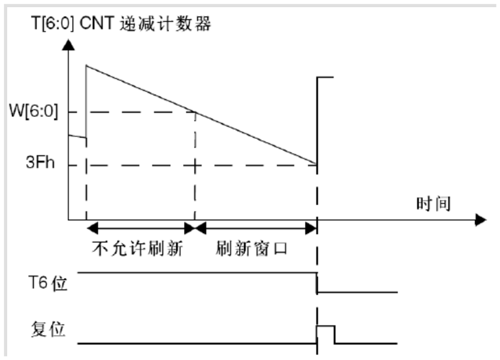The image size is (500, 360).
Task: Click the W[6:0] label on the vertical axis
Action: click(x=34, y=111)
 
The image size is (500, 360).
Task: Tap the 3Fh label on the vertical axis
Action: click(x=40, y=163)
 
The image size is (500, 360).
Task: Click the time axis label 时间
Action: click(x=434, y=204)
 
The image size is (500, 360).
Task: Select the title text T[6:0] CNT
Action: click(x=73, y=23)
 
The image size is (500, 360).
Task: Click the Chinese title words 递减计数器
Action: click(x=166, y=24)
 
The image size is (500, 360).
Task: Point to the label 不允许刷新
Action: click(x=138, y=248)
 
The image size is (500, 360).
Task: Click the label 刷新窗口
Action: click(x=251, y=248)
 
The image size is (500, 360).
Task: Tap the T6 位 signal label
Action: click(x=48, y=283)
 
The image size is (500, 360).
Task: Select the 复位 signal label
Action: click(x=48, y=329)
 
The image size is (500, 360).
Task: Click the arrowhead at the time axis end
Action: click(x=481, y=220)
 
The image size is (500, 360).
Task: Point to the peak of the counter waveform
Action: click(x=86, y=65)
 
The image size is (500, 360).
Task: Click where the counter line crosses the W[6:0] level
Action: click(x=195, y=112)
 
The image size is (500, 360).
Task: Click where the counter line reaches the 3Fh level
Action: click(x=317, y=164)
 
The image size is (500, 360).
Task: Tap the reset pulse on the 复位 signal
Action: click(x=325, y=335)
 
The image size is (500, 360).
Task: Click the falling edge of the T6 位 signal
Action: click(x=317, y=283)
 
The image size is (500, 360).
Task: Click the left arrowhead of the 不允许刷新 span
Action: click(x=92, y=228)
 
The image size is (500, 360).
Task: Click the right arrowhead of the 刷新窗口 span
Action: click(x=311, y=228)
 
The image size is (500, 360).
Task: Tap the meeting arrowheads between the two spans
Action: click(x=195, y=228)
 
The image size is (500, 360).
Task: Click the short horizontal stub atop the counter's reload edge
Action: click(x=325, y=77)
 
